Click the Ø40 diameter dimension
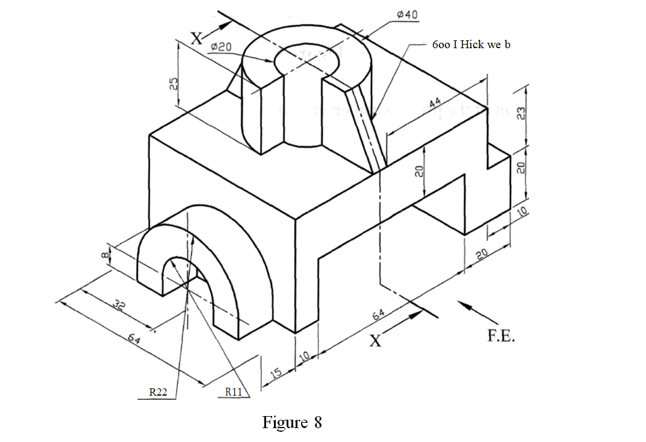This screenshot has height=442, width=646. pos(408,14)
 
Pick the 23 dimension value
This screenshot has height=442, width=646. pos(521,114)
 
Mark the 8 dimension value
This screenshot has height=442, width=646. pos(104,255)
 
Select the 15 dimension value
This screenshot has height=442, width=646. pos(276,373)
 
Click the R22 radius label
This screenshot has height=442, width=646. pos(158,392)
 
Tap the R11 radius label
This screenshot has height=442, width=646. pos(234,392)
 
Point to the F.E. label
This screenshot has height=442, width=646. pos(501,336)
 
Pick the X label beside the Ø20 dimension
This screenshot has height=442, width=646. pos(197,39)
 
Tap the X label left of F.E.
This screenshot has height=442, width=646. pos(375,341)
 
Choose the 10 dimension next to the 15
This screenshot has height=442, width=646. pos(305,356)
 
